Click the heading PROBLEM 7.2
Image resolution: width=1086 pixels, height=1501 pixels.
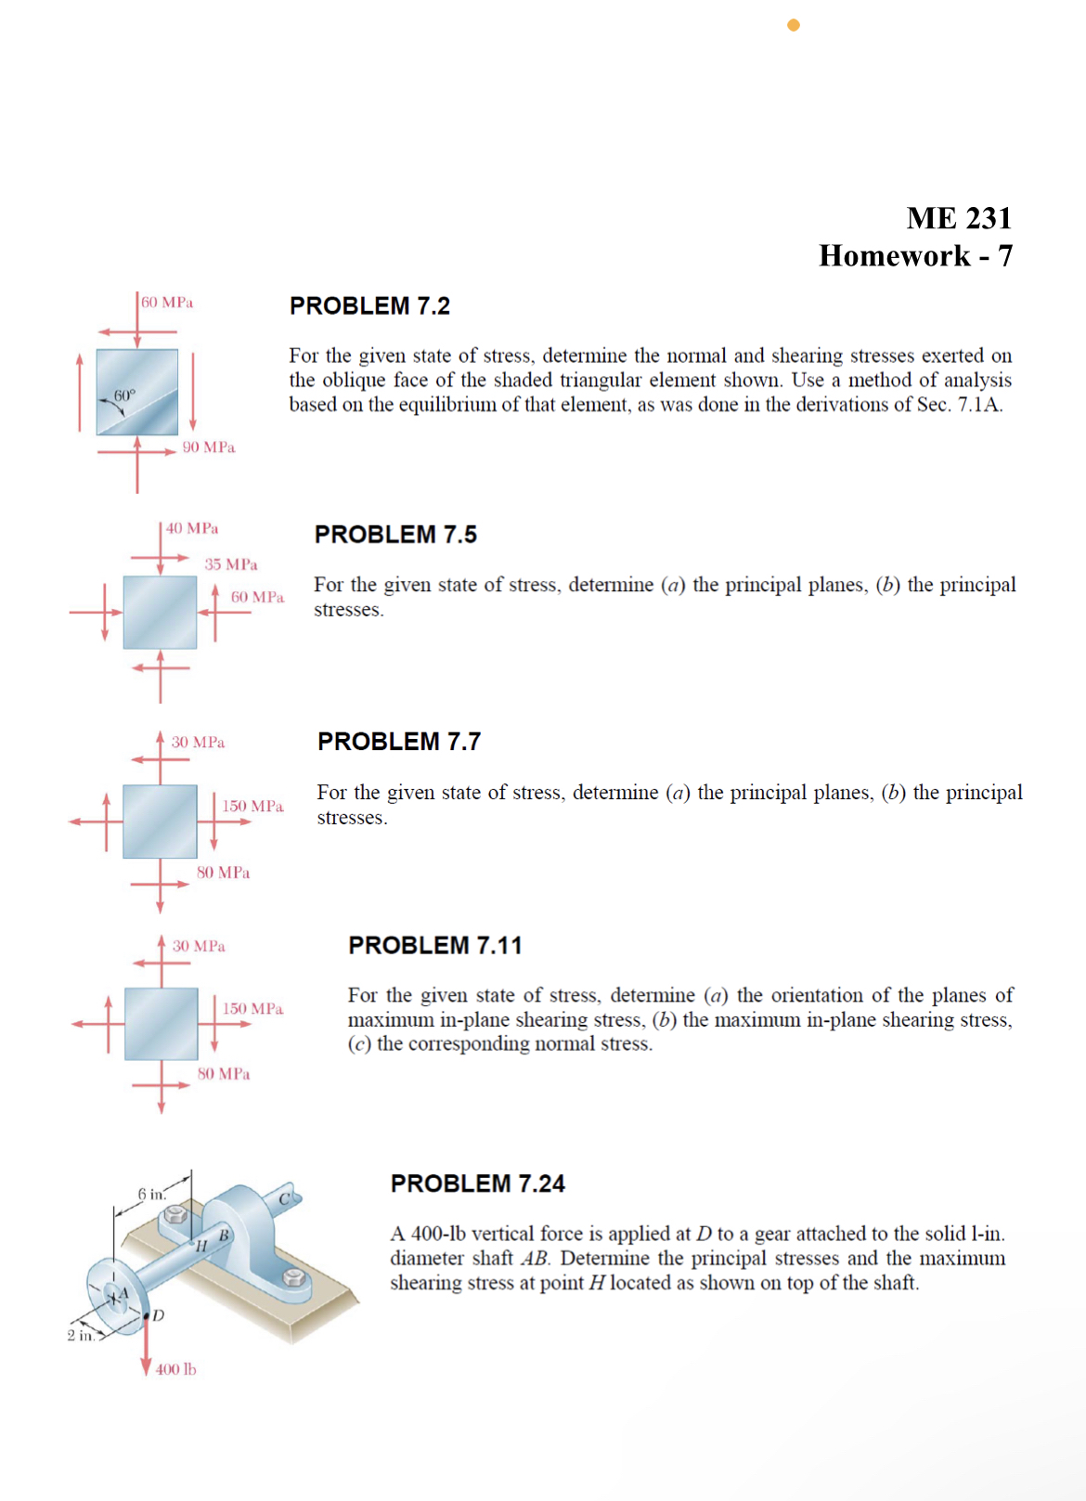pyautogui.click(x=369, y=306)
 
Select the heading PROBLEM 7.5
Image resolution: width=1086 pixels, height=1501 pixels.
pyautogui.click(x=395, y=535)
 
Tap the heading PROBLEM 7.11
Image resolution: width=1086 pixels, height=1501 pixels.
pyautogui.click(x=434, y=945)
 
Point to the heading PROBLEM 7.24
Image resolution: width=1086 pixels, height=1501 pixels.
pyautogui.click(x=477, y=1184)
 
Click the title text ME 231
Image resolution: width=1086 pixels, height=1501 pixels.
pyautogui.click(x=959, y=218)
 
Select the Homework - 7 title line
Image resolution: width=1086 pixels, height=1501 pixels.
pyautogui.click(x=915, y=256)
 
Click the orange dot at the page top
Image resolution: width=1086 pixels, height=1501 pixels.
pyautogui.click(x=794, y=25)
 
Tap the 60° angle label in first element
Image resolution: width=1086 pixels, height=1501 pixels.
pyautogui.click(x=124, y=395)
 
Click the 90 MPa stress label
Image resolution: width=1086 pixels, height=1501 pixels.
pyautogui.click(x=209, y=447)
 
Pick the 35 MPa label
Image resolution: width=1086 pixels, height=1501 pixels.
pyautogui.click(x=231, y=564)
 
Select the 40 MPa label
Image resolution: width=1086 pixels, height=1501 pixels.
pyautogui.click(x=192, y=528)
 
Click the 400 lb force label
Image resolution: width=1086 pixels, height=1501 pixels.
pyautogui.click(x=175, y=1369)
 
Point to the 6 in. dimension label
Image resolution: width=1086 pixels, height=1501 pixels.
pyautogui.click(x=151, y=1194)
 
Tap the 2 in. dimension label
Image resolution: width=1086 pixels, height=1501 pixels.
pyautogui.click(x=80, y=1336)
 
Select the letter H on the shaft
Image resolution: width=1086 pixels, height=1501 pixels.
pyautogui.click(x=200, y=1247)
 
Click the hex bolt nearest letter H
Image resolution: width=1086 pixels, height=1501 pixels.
pyautogui.click(x=175, y=1214)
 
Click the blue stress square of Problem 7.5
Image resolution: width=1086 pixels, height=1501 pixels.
pyautogui.click(x=160, y=613)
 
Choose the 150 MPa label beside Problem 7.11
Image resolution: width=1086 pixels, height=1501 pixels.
pyautogui.click(x=252, y=1009)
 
